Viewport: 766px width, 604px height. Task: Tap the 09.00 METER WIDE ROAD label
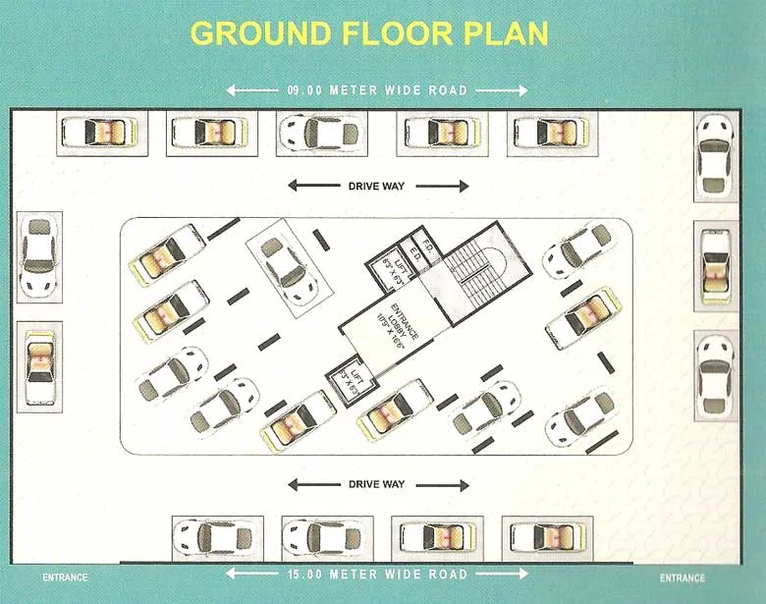[378, 90]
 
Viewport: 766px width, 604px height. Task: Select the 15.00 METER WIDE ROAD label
[378, 574]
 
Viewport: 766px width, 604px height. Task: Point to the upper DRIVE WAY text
[377, 186]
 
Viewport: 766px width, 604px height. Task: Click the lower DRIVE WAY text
[377, 484]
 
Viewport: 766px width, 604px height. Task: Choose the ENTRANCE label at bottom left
[65, 577]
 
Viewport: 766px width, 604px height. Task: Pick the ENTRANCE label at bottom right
[683, 577]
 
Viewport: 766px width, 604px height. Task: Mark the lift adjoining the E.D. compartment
[391, 263]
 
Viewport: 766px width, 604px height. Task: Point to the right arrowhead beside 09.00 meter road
[522, 90]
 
